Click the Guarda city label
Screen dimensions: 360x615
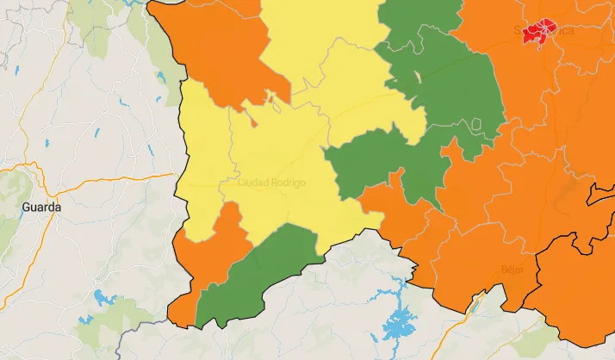tap(40, 208)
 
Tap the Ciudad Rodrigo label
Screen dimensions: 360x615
tap(270, 183)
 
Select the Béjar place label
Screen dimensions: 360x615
tap(512, 270)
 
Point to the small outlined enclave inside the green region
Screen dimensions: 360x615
tap(419, 77)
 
